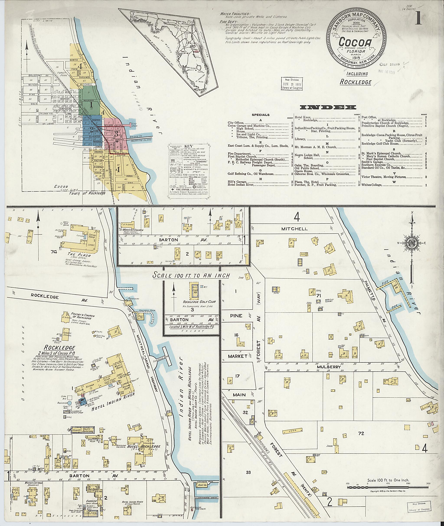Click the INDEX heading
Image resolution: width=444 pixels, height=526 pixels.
[x=328, y=107]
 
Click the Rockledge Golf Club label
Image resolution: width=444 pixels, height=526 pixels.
[x=192, y=301]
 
